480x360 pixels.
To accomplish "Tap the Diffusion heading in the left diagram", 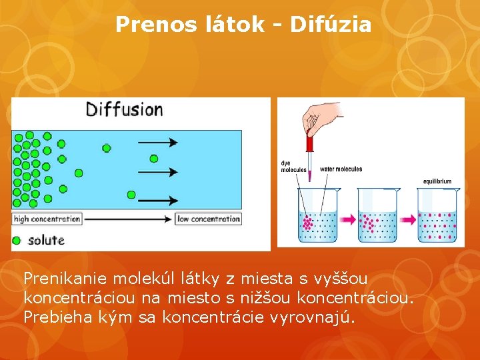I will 125,109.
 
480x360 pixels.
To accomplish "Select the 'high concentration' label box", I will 47,219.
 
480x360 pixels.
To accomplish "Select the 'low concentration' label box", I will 208,219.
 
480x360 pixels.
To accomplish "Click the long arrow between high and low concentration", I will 127,219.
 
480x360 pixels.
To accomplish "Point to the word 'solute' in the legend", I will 46,240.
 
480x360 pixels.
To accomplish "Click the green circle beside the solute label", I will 17,240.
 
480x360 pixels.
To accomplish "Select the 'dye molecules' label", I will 293,166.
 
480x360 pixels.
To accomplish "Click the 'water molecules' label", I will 341,169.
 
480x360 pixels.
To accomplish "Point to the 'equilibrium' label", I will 437,181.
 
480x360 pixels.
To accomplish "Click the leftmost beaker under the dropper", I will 318,217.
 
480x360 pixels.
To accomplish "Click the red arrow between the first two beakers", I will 348,217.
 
